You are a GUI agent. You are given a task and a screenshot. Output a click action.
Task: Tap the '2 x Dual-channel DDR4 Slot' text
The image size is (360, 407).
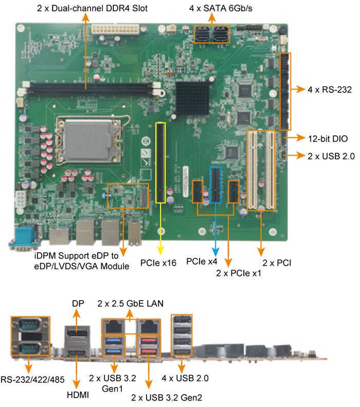pos(85,9)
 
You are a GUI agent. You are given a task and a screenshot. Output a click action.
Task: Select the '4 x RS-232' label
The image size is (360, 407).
pos(329,89)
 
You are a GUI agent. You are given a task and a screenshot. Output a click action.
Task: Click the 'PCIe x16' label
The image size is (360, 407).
pos(158,263)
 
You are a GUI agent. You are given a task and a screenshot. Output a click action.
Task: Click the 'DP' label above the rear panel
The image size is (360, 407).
pos(75,305)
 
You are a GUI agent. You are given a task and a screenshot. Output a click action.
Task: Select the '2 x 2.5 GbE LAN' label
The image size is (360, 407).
pos(131,304)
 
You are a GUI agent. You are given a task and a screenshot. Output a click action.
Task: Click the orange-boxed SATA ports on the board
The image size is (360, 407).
pos(211,35)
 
